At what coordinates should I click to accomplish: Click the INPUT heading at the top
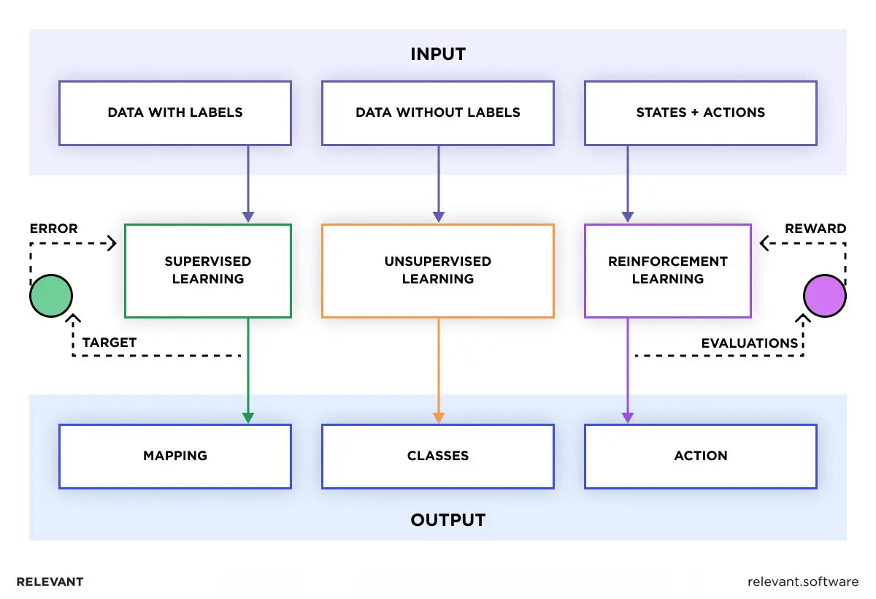438,54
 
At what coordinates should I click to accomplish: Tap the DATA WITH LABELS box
175,112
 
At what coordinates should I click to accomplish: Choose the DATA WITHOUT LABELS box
438,112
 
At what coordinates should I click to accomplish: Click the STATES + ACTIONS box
701,112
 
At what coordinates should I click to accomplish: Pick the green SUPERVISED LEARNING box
208,270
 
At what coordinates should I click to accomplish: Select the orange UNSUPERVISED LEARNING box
438,270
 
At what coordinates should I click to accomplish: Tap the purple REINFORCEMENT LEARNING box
668,270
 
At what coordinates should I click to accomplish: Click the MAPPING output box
175,456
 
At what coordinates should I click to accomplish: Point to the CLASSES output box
438,456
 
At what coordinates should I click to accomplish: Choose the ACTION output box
701,456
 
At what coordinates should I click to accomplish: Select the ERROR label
53,229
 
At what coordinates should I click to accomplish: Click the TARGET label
109,343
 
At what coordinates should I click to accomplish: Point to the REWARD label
815,229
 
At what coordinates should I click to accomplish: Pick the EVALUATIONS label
750,343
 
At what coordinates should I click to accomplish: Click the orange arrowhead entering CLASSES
438,418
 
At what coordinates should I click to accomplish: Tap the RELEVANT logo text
50,582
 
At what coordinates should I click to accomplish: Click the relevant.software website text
803,582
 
